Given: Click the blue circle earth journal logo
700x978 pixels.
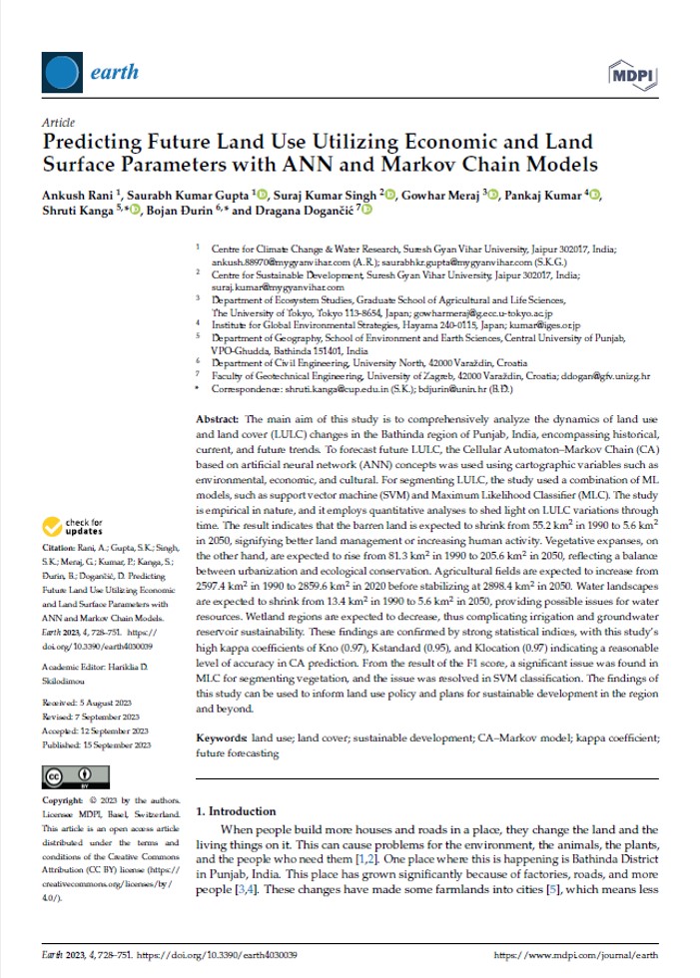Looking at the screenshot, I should (61, 72).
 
